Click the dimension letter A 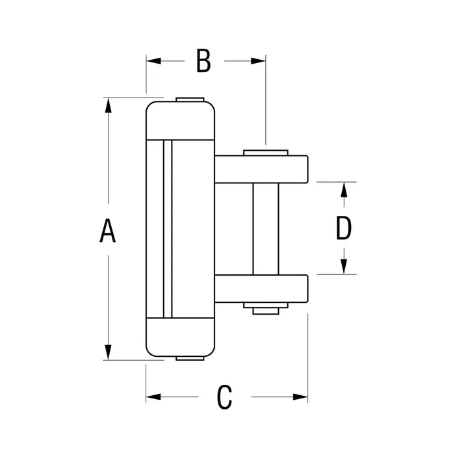(x=108, y=231)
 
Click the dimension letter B (x=203, y=60)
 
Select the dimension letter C (x=224, y=397)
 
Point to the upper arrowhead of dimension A (x=109, y=105)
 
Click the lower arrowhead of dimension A (x=109, y=352)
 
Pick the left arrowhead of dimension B (x=153, y=61)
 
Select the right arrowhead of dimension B (x=258, y=61)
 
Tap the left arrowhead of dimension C (x=153, y=396)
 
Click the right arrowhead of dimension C (x=300, y=396)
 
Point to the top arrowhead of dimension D (x=344, y=190)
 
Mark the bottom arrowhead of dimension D (x=344, y=266)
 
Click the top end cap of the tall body (x=180, y=120)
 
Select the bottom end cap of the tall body (x=180, y=337)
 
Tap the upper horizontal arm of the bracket (x=261, y=169)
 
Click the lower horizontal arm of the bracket (x=261, y=289)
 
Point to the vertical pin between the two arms (x=266, y=229)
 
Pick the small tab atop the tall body (x=190, y=99)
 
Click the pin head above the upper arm (x=266, y=153)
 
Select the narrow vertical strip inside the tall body (x=168, y=229)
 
